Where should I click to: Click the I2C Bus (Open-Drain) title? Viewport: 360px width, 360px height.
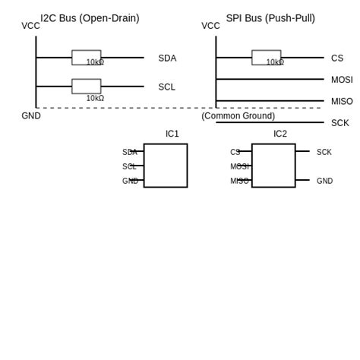pyautogui.click(x=90, y=18)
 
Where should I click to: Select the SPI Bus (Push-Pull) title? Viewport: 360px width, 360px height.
pyautogui.click(x=270, y=18)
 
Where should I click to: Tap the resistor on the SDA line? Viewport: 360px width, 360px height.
pyautogui.click(x=86, y=57)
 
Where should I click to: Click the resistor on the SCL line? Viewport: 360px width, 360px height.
pyautogui.click(x=86, y=86)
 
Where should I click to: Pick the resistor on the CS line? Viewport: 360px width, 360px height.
pyautogui.click(x=266, y=57)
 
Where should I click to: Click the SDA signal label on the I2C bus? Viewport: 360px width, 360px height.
pyautogui.click(x=167, y=58)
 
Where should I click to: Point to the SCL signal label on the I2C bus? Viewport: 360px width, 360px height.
pyautogui.click(x=166, y=87)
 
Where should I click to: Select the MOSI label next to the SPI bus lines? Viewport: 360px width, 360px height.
pyautogui.click(x=342, y=80)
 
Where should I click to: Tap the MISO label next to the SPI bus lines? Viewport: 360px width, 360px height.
pyautogui.click(x=342, y=102)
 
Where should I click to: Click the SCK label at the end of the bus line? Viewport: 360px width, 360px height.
pyautogui.click(x=340, y=123)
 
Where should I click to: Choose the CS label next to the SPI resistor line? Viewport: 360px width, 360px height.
pyautogui.click(x=337, y=58)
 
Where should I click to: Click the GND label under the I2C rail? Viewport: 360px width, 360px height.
pyautogui.click(x=31, y=116)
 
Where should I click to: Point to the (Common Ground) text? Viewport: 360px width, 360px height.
pyautogui.click(x=238, y=116)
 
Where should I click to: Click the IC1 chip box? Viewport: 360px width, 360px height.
pyautogui.click(x=166, y=166)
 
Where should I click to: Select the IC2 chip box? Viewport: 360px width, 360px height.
pyautogui.click(x=273, y=166)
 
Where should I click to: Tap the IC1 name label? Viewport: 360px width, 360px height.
pyautogui.click(x=172, y=134)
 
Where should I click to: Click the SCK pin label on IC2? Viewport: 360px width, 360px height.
pyautogui.click(x=324, y=153)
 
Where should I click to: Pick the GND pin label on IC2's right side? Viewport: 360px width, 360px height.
pyautogui.click(x=324, y=182)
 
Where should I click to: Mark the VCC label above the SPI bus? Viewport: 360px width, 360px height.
pyautogui.click(x=210, y=26)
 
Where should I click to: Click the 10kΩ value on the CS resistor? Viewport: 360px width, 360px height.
pyautogui.click(x=275, y=62)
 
